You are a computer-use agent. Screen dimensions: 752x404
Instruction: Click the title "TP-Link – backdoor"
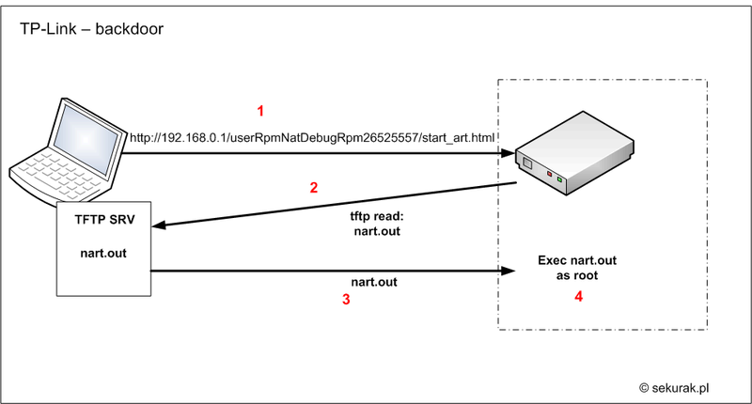pos(91,29)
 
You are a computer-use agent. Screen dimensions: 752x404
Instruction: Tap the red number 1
pos(260,111)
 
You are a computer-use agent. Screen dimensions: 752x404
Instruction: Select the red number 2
pos(314,187)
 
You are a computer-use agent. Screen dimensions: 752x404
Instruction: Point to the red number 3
pos(346,300)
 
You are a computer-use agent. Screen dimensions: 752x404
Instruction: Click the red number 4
pos(579,297)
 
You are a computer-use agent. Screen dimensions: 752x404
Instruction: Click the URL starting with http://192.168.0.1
pos(312,138)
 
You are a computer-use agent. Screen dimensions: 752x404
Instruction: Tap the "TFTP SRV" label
pos(104,220)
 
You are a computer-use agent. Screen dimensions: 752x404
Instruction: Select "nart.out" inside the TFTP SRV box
pos(103,253)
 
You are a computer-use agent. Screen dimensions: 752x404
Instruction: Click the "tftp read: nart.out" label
pos(377,224)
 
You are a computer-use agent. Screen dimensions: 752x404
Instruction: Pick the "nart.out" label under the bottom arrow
pos(374,282)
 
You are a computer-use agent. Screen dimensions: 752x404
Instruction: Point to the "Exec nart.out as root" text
pos(577,268)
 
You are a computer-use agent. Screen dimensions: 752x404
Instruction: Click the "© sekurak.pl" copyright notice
pos(674,388)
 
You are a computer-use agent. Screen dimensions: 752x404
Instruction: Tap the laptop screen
pos(86,138)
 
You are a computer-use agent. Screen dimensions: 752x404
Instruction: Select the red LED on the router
pos(549,174)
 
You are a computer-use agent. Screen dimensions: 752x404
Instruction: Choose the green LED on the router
pos(559,179)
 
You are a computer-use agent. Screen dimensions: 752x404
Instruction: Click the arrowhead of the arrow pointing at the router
pos(508,153)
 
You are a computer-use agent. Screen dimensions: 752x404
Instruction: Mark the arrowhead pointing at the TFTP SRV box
pos(160,225)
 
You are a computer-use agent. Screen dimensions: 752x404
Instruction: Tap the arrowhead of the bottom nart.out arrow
pos(508,271)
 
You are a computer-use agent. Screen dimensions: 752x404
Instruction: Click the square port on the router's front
pos(527,163)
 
